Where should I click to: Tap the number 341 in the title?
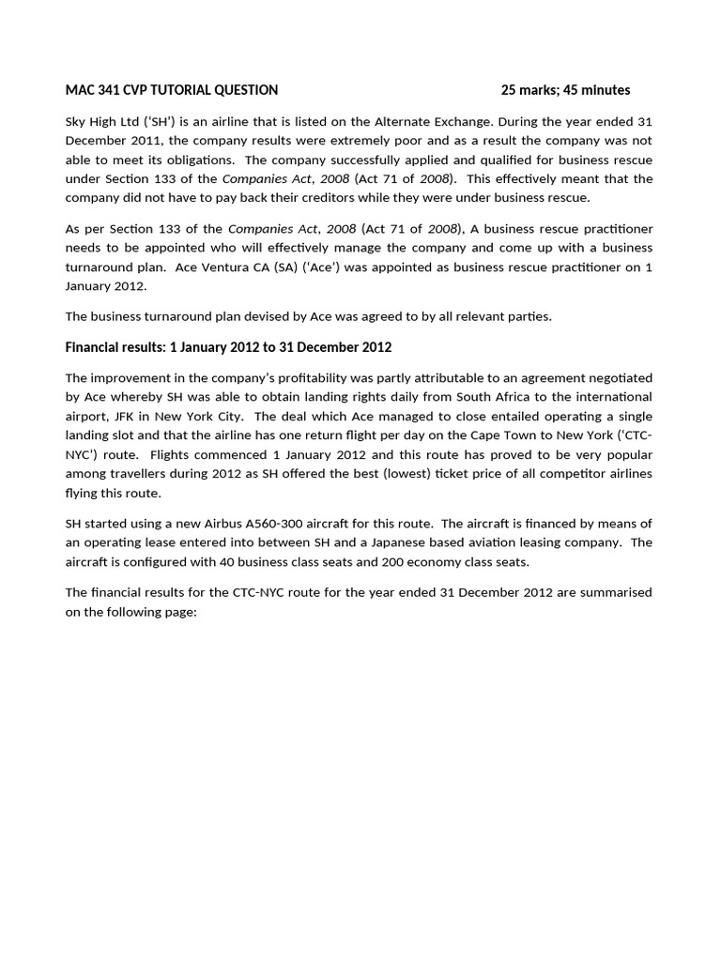click(106, 90)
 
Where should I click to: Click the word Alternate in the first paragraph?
click(408, 121)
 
